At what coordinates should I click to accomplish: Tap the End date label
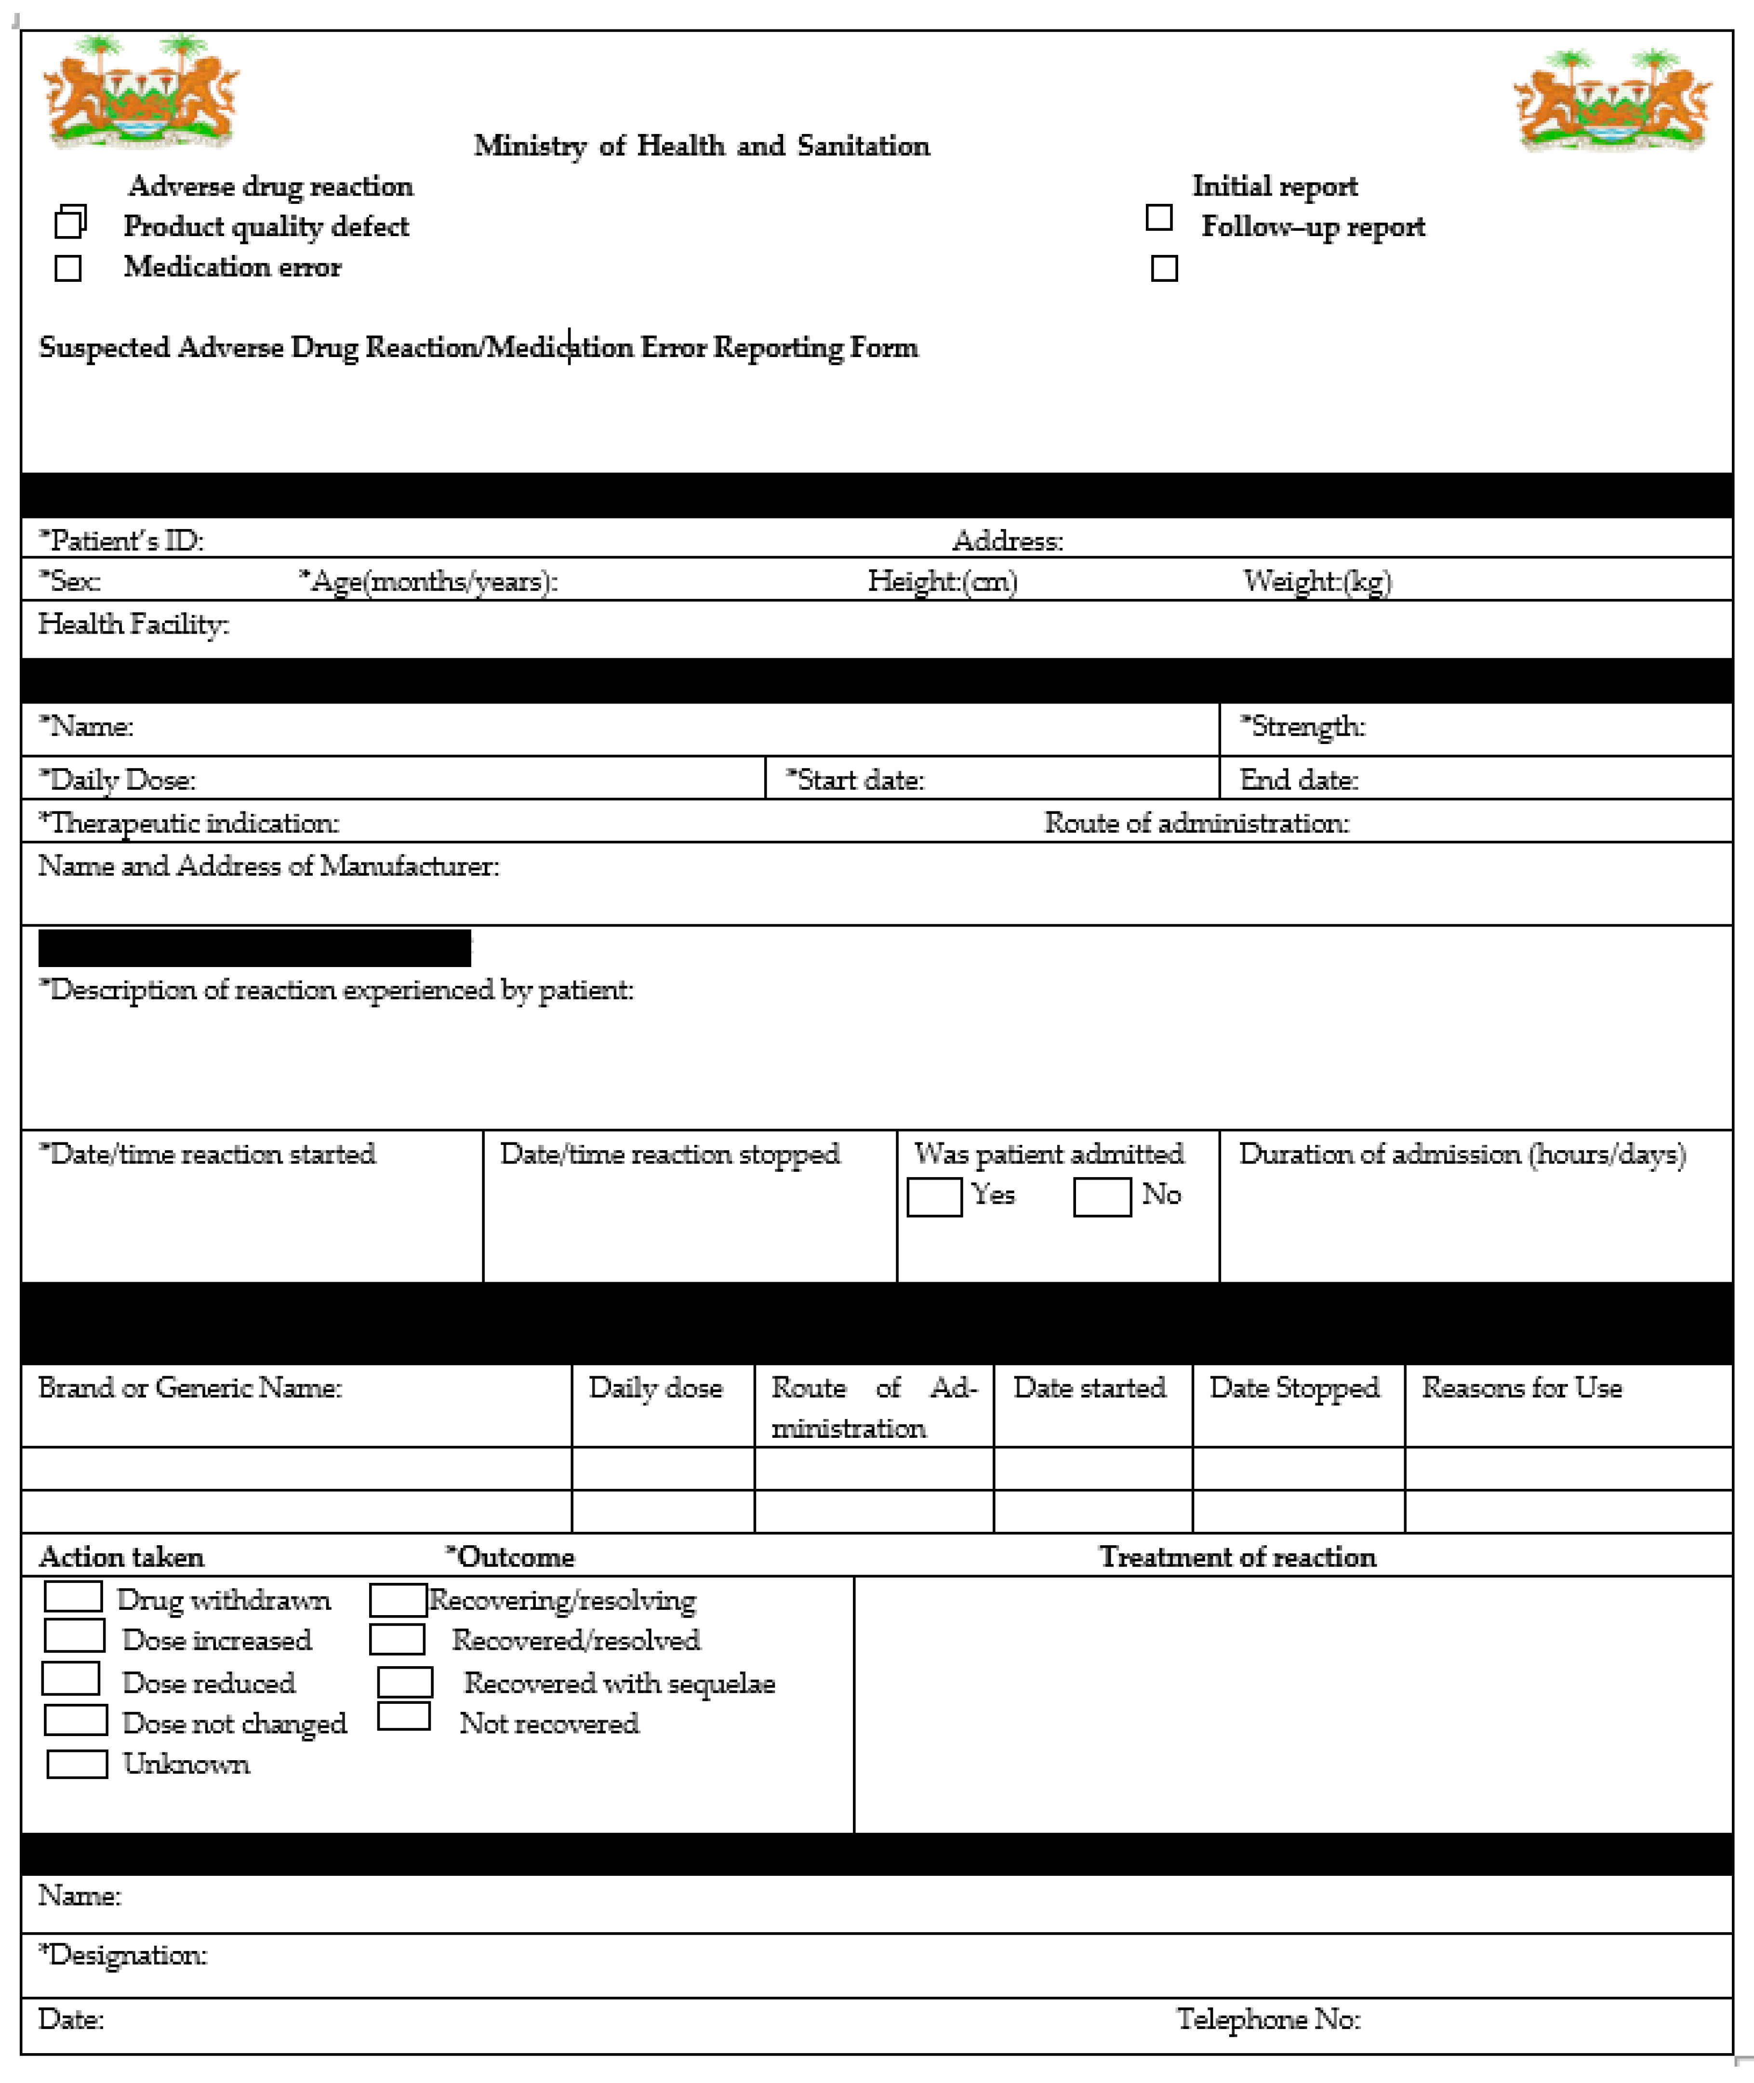pyautogui.click(x=1299, y=780)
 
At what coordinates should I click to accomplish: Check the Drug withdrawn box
pyautogui.click(x=74, y=1597)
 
